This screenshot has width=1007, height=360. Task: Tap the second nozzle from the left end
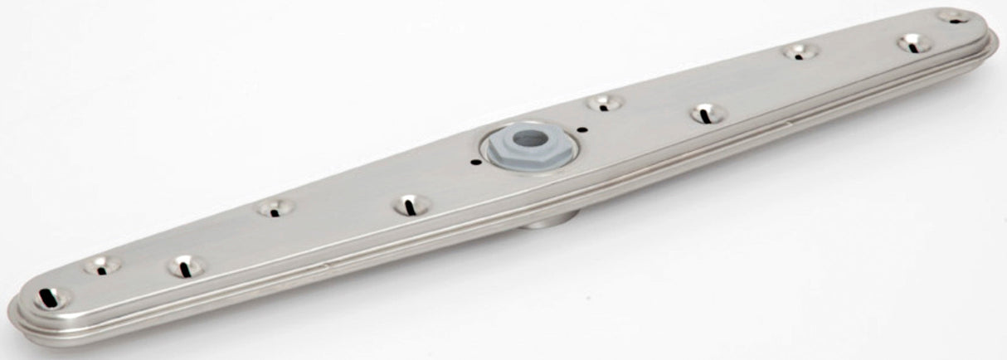[x=102, y=265]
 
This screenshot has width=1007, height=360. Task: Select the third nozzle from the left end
[x=185, y=266]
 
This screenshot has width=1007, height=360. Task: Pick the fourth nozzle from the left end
[x=275, y=207]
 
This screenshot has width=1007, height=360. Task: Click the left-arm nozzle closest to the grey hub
[x=411, y=204]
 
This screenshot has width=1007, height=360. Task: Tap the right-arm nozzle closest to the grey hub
[x=605, y=103]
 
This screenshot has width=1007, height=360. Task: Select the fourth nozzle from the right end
[x=708, y=114]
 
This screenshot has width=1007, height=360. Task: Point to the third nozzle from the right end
[x=800, y=51]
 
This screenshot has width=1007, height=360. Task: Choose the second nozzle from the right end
[x=914, y=43]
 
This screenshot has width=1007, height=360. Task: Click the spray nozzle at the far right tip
[x=955, y=16]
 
